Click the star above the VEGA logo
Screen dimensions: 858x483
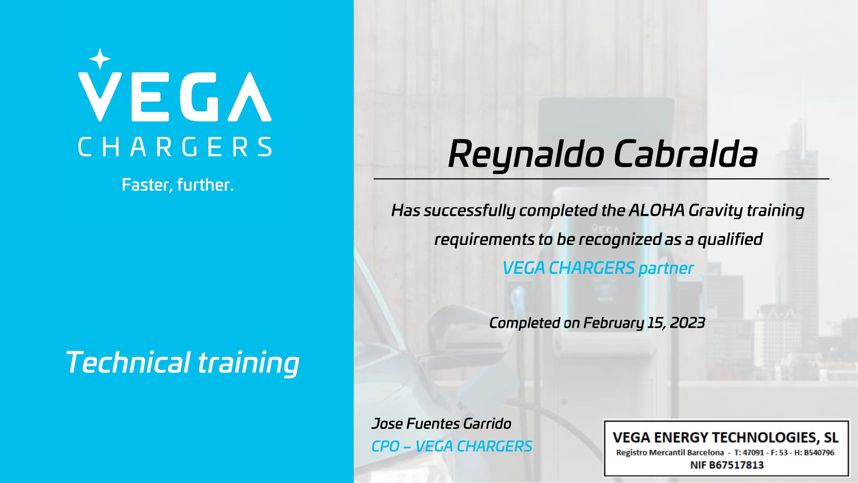(x=100, y=59)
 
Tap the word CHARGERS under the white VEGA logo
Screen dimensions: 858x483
(x=175, y=147)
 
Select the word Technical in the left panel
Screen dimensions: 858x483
(x=128, y=362)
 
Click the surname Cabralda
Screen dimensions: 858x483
(x=686, y=154)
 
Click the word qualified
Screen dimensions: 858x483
(x=730, y=239)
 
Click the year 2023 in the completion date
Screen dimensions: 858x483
(x=687, y=323)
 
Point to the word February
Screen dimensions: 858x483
(x=614, y=323)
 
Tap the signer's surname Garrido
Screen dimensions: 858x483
(x=487, y=424)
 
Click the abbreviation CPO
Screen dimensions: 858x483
(x=385, y=447)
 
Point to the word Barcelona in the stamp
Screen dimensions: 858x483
(x=705, y=453)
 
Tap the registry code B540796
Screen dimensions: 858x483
(x=819, y=453)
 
